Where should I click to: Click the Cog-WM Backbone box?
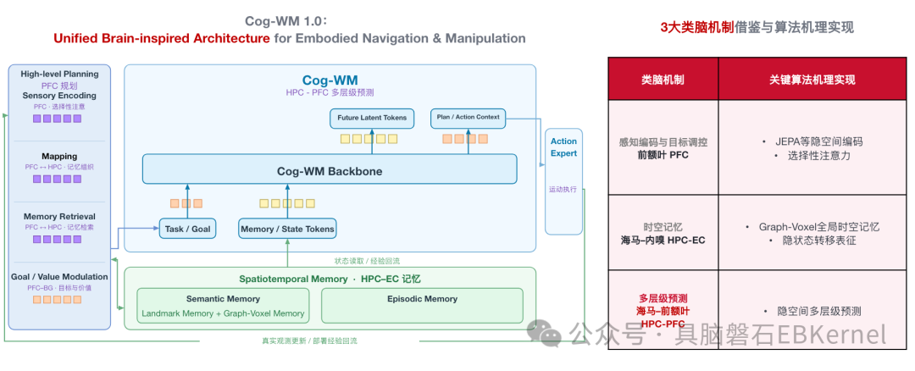330,169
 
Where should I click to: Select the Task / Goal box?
188,229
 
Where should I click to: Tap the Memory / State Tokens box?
288,229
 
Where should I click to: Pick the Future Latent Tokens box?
372,118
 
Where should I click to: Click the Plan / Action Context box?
468,117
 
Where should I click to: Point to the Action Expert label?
563,147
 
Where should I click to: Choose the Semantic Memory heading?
223,299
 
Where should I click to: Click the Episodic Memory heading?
423,299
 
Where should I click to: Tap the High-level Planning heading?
59,74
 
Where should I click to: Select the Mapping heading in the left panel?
59,157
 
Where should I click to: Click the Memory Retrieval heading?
59,217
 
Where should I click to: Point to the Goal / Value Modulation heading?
59,276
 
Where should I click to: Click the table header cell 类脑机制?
663,80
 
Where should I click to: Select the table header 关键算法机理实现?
812,80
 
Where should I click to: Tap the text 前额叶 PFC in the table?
663,155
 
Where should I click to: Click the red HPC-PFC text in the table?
663,324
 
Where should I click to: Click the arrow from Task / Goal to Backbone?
188,202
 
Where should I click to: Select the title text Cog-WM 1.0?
286,21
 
